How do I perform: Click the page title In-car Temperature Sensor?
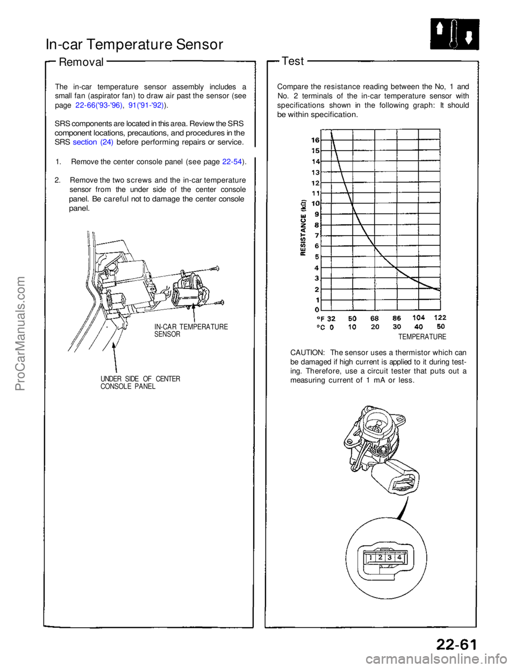coord(134,44)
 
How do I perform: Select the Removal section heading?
coord(81,62)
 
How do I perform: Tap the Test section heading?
coord(293,61)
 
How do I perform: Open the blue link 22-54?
coord(232,162)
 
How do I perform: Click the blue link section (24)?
coord(92,142)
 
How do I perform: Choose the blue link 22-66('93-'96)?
coord(99,105)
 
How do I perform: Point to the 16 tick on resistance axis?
coord(316,140)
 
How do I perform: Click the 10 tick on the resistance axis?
coord(316,203)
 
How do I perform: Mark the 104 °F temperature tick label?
coord(418,318)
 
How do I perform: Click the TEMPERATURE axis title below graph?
coord(422,337)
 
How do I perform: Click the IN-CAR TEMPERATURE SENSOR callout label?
coord(191,330)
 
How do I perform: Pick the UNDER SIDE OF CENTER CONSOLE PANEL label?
coord(140,382)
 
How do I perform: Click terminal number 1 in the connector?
coord(371,558)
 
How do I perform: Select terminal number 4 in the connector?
coord(399,558)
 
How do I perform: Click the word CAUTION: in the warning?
coord(307,353)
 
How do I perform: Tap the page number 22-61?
coord(456,643)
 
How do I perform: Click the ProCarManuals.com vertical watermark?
coord(21,333)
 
